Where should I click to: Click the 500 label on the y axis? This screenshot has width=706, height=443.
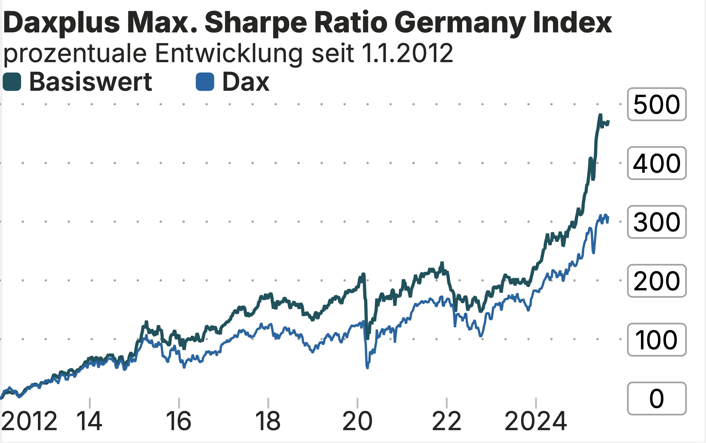656,104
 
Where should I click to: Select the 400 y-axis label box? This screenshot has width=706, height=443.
656,163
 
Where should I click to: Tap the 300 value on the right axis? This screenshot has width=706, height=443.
656,222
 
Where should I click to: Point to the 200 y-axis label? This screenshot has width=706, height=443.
656,281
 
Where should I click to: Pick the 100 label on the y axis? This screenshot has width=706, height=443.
656,340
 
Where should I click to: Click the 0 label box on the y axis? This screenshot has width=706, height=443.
656,399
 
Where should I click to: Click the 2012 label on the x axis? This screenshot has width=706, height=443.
29,421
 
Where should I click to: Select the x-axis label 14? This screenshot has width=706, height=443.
89,421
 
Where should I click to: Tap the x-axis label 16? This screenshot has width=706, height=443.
179,421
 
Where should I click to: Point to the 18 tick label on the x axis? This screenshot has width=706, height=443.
268,421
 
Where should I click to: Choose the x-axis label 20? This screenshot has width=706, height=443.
357,421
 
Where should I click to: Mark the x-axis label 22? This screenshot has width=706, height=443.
447,421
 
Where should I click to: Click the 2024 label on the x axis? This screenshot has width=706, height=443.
536,421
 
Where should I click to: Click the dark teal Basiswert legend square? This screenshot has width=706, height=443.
12,82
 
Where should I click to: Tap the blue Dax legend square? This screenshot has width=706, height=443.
205,82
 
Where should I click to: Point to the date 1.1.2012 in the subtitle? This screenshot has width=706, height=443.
407,53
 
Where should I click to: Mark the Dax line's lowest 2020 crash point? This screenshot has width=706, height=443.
368,368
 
